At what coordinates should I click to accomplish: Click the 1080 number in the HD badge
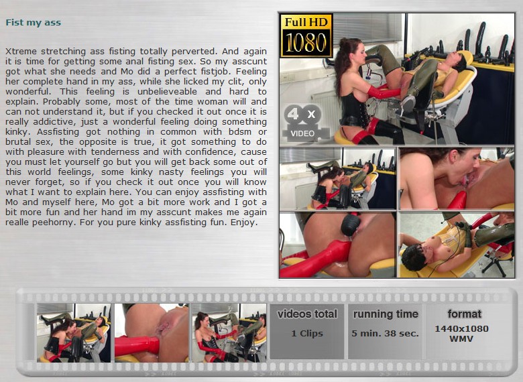click(306, 43)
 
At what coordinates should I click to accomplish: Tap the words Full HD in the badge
click(306, 22)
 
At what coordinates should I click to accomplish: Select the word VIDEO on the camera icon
click(302, 133)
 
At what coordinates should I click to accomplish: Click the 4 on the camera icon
click(293, 115)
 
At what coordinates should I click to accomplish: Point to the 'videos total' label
click(307, 314)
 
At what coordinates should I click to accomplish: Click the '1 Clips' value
click(307, 334)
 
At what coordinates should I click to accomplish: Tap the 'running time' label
click(386, 314)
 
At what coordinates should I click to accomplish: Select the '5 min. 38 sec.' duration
click(386, 334)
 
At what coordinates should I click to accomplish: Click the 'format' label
click(464, 314)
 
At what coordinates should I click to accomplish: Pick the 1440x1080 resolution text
click(461, 328)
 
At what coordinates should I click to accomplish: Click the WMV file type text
click(461, 339)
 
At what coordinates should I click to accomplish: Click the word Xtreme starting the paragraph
click(21, 52)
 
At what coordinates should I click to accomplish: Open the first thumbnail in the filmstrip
click(74, 332)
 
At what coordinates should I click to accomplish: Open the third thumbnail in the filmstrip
click(229, 332)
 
